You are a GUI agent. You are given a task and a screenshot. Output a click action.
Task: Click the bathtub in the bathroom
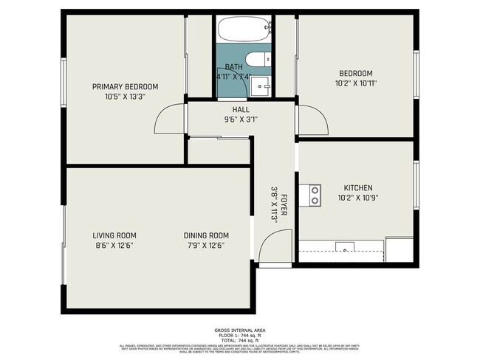(x=244, y=30)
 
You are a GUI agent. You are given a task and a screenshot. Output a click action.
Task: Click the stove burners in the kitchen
(x=315, y=195)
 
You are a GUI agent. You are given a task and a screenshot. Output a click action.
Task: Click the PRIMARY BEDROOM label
(x=125, y=86)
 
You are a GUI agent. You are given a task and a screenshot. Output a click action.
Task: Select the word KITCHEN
(x=358, y=188)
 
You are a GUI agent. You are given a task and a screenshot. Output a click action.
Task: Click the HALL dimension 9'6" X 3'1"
(x=241, y=120)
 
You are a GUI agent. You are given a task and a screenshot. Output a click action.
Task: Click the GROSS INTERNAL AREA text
(x=240, y=329)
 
